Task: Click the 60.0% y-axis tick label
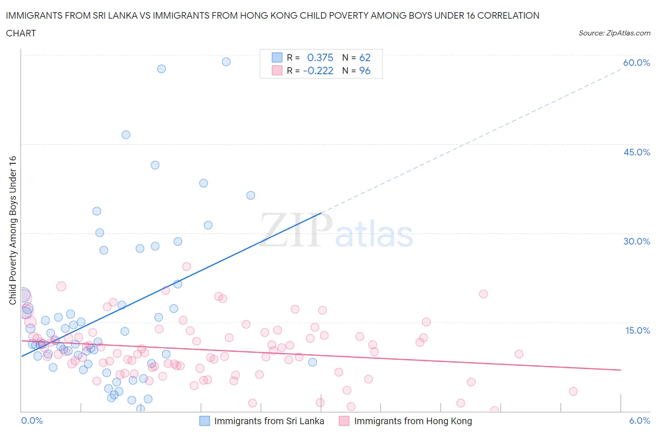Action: [636, 63]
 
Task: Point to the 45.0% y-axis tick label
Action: [636, 152]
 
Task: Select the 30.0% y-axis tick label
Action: [636, 241]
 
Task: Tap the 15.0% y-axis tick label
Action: [637, 330]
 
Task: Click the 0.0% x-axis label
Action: [32, 420]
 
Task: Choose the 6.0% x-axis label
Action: [639, 420]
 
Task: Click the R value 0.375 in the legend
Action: [320, 57]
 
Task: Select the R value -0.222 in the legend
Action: [318, 70]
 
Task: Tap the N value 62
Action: [365, 57]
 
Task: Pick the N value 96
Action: [365, 70]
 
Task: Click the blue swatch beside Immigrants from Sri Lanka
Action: [204, 421]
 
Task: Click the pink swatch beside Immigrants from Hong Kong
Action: [344, 421]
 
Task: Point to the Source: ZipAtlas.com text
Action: [614, 33]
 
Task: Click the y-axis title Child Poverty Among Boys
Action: [13, 230]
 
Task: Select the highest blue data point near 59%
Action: [226, 62]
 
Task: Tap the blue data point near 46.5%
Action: [126, 135]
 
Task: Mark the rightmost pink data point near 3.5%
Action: [573, 392]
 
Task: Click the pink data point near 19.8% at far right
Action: [483, 294]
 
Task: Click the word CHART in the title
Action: [21, 33]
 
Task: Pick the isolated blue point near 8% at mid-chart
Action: [313, 362]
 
